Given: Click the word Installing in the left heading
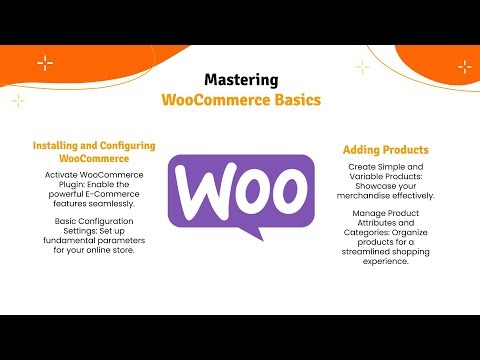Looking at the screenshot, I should tap(62, 145).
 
